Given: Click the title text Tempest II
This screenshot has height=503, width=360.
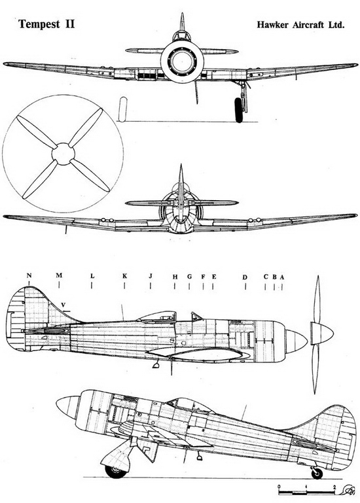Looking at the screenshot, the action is (x=46, y=25).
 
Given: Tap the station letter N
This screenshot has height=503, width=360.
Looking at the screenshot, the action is (x=29, y=275).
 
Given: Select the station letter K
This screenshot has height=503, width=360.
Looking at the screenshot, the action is (x=124, y=276).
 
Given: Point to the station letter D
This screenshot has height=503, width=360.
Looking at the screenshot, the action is (x=245, y=277).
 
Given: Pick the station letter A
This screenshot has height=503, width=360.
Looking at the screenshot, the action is (x=282, y=277).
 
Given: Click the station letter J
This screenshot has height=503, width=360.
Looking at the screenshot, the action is (x=151, y=276).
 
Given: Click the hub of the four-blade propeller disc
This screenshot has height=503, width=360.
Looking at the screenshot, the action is (x=63, y=154).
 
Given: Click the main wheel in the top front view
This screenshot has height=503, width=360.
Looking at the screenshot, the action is (x=239, y=110).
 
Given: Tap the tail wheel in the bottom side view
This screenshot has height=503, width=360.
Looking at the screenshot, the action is (x=317, y=473).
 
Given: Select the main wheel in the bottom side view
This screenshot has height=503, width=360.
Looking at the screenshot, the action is (x=115, y=471).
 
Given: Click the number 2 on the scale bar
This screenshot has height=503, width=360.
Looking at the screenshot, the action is (x=334, y=487).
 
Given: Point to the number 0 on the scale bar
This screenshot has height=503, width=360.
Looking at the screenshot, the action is (x=279, y=487).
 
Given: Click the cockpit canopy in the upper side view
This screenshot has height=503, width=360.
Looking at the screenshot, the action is (x=157, y=317).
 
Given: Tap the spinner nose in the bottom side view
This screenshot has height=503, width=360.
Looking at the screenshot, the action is (x=68, y=407).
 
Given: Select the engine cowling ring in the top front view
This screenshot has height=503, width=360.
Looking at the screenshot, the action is (x=182, y=61).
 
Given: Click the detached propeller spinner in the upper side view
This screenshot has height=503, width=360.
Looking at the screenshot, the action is (x=322, y=334).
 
